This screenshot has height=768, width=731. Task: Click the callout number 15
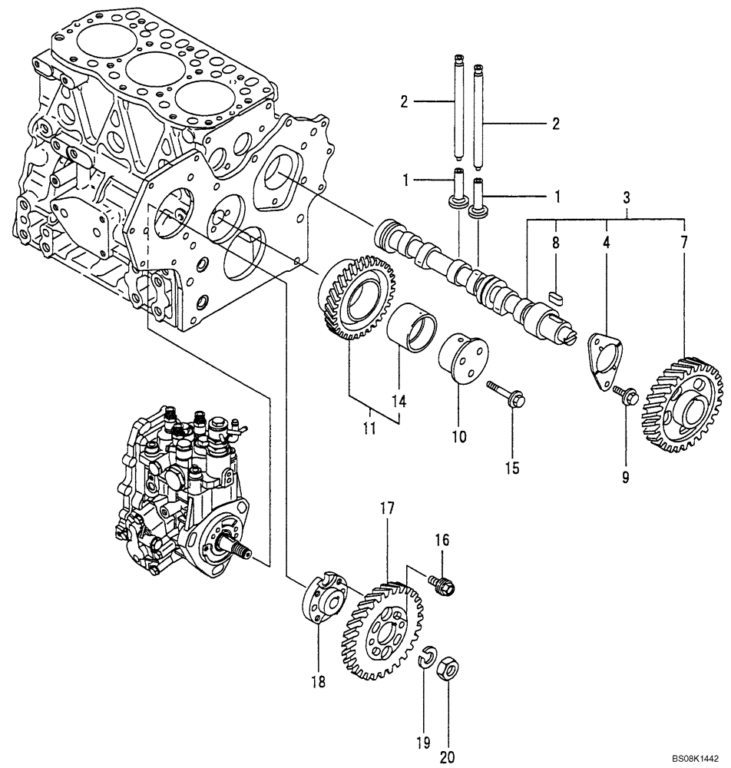(x=511, y=466)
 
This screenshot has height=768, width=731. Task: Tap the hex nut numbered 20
(x=448, y=670)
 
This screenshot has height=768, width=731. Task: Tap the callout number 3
(x=627, y=197)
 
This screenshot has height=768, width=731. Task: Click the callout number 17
(x=385, y=508)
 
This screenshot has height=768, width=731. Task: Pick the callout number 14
(x=399, y=400)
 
